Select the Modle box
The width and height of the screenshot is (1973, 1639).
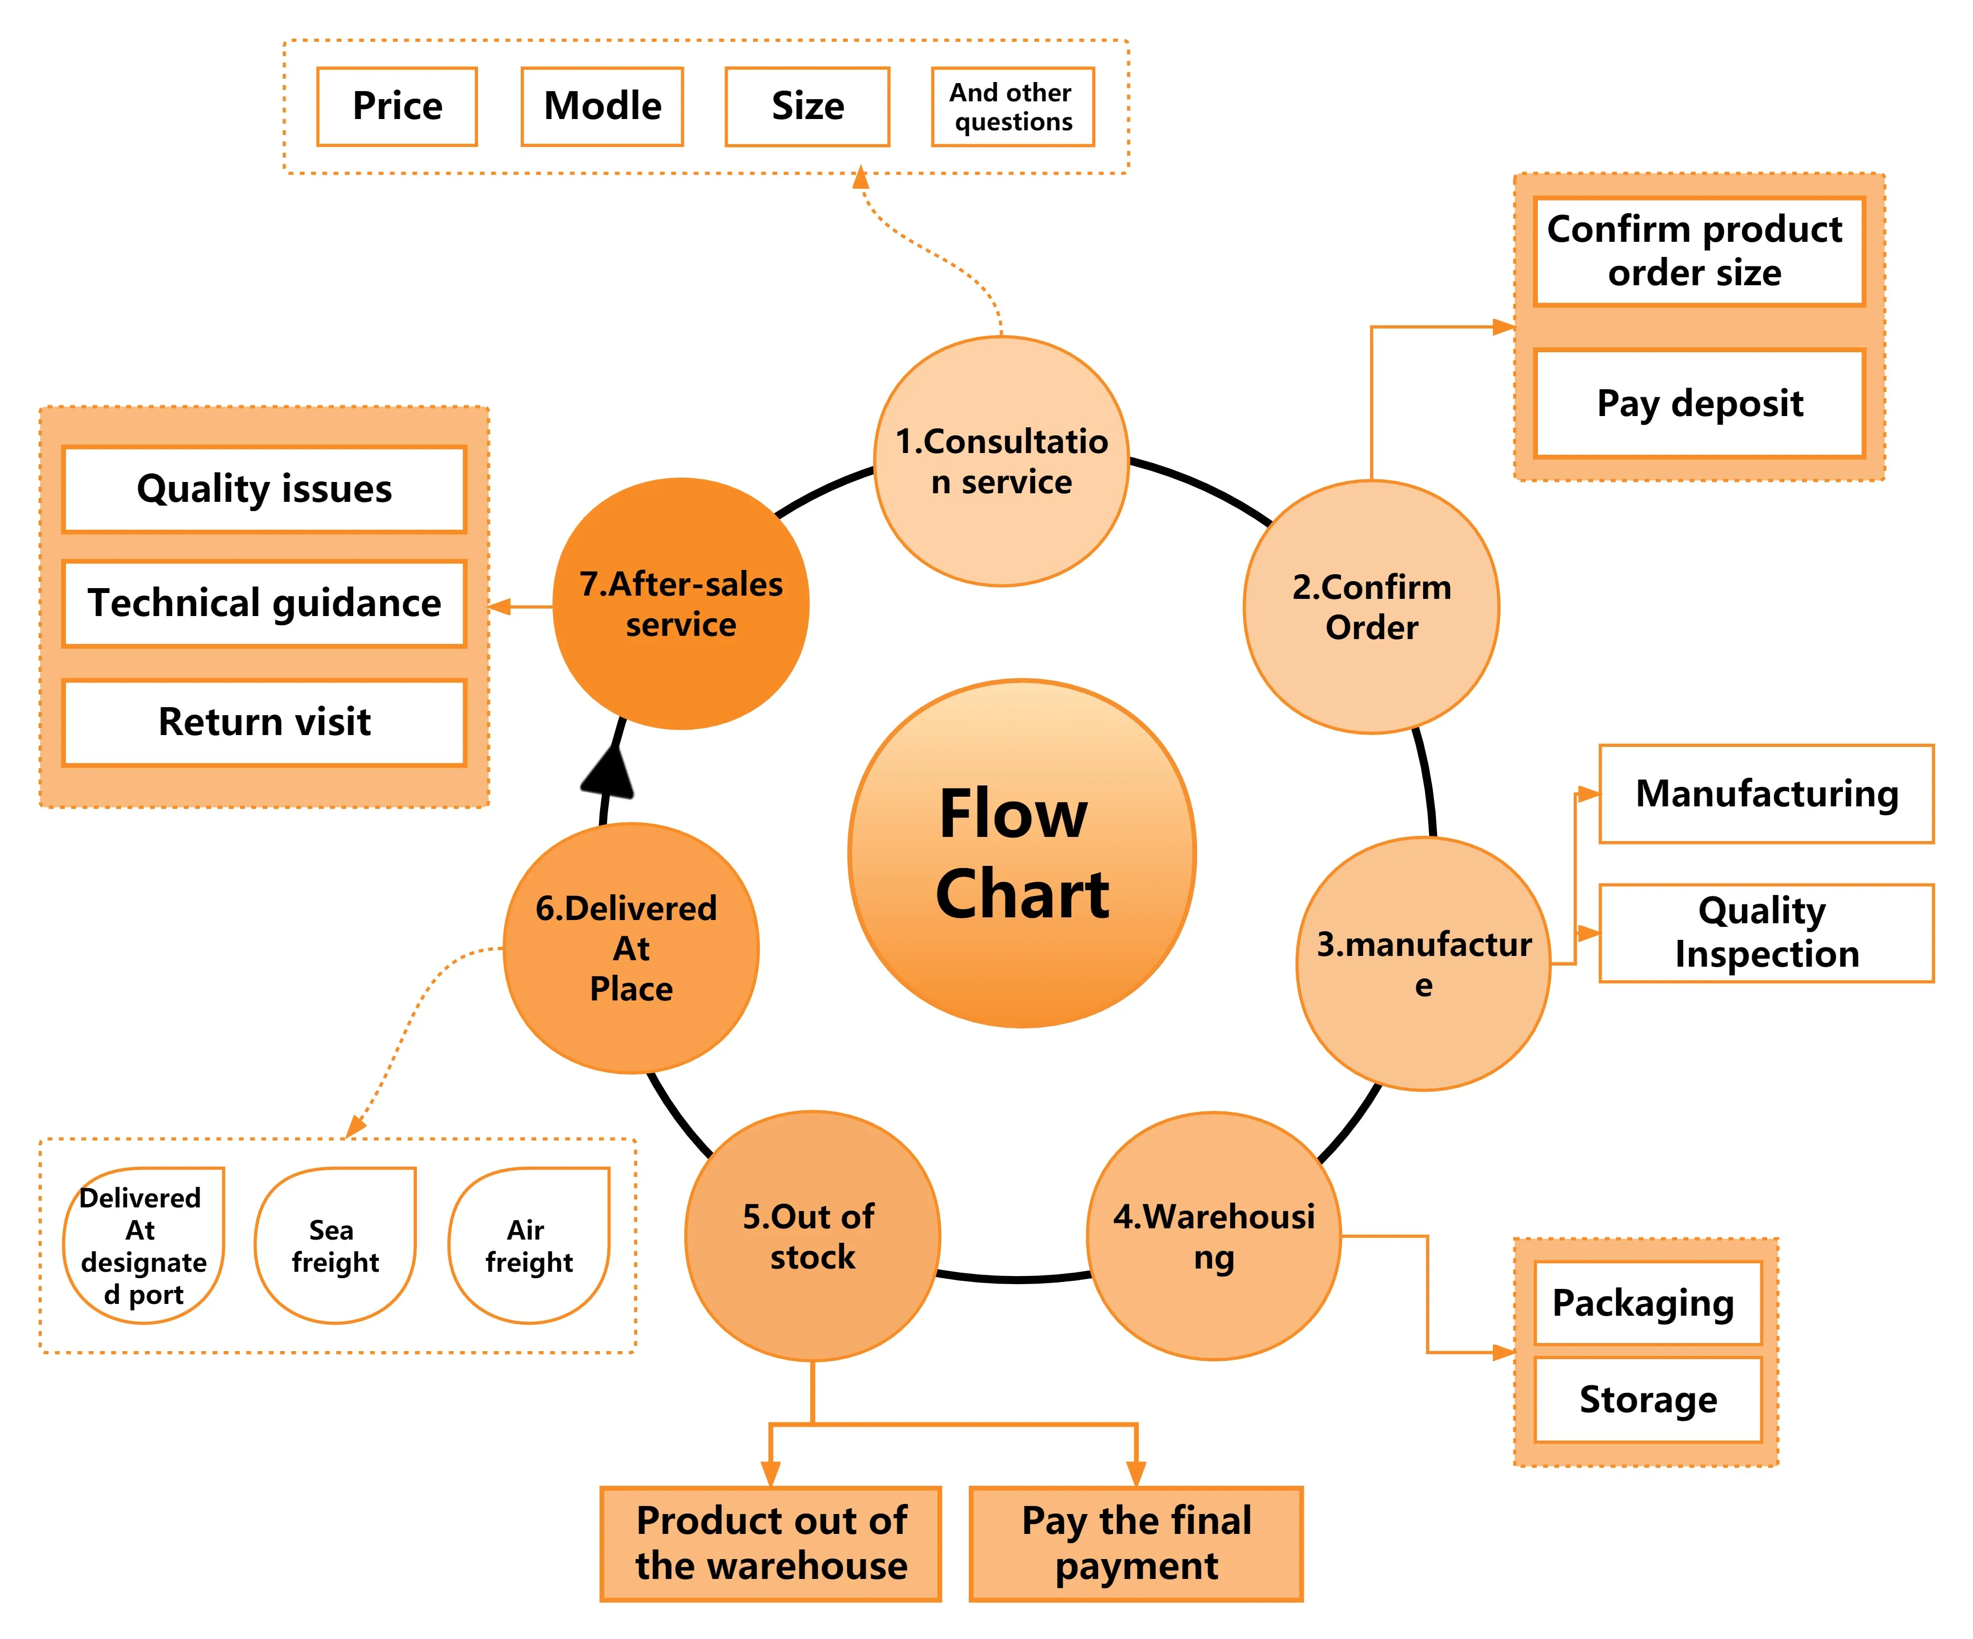[x=602, y=106]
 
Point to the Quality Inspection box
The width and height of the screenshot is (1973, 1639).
[x=1766, y=932]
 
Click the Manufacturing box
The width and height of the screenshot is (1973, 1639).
[x=1766, y=794]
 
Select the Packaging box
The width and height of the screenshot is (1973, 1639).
[x=1647, y=1302]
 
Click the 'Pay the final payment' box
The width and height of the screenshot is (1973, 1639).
[x=1136, y=1543]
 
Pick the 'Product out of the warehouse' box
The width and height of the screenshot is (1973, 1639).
[x=771, y=1543]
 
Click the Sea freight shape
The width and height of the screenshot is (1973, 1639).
[x=335, y=1245]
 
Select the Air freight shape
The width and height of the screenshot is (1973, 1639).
[x=529, y=1245]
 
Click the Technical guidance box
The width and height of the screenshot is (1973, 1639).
[x=264, y=603]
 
